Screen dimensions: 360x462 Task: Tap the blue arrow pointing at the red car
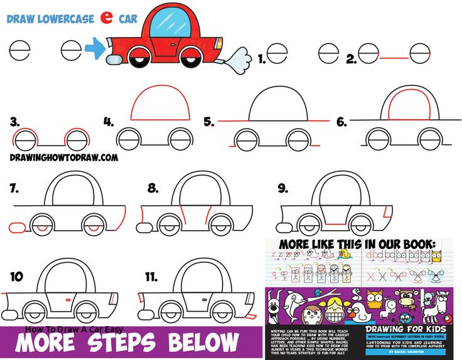click(x=95, y=47)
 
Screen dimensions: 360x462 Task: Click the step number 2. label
click(x=351, y=59)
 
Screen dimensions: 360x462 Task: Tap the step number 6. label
click(x=341, y=122)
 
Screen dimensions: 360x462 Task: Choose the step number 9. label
click(x=283, y=188)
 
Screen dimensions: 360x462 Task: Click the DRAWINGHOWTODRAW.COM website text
click(x=64, y=158)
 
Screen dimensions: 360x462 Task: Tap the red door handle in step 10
click(x=67, y=300)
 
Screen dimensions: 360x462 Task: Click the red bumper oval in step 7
click(x=16, y=225)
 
